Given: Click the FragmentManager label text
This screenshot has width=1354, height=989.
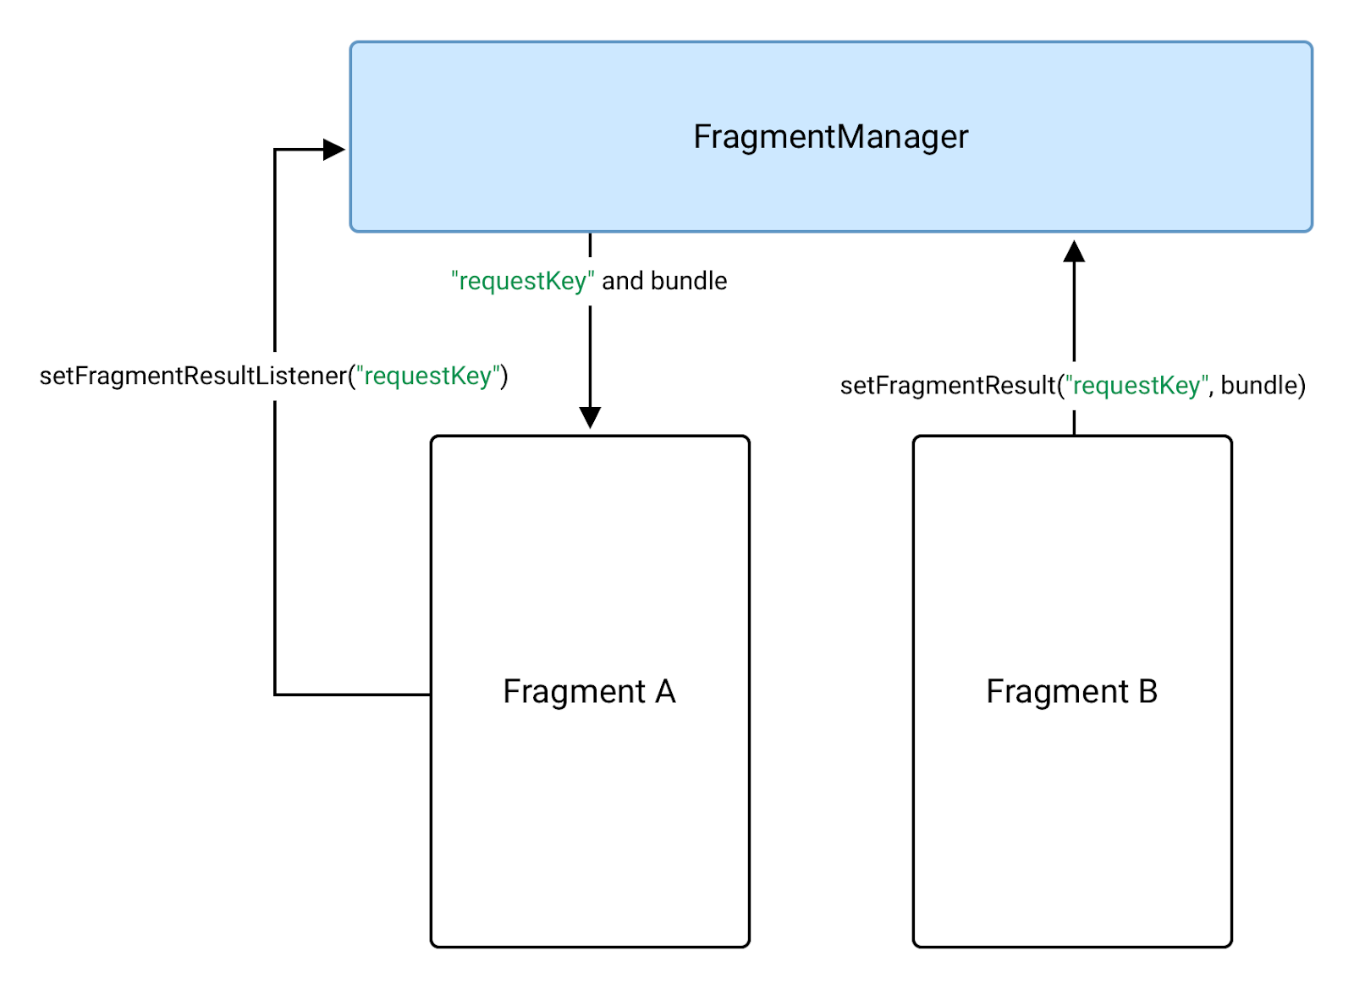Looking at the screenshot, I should click(x=830, y=137).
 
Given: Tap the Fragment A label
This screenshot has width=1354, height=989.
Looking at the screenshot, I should click(x=589, y=691).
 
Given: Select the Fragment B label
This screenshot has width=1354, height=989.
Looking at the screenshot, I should click(x=1071, y=691).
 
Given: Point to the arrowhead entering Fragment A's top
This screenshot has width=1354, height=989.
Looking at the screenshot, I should click(x=590, y=417).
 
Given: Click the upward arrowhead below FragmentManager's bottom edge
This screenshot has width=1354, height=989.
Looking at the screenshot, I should click(x=1074, y=251).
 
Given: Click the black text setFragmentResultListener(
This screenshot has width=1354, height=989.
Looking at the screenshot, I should click(x=195, y=376).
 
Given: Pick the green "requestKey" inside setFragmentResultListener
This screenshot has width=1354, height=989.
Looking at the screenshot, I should click(x=428, y=376).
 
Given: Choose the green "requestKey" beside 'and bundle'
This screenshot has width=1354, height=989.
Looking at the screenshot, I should click(x=522, y=281).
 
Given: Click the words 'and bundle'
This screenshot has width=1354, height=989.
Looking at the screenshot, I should click(x=664, y=281).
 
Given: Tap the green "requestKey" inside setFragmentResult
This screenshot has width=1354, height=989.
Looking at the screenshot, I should click(x=1137, y=386).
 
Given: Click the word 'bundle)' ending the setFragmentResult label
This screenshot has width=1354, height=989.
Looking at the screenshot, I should click(x=1263, y=386).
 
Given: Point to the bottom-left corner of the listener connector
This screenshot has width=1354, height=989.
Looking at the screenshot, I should click(x=275, y=695).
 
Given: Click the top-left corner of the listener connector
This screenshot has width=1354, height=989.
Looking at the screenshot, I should click(x=275, y=150).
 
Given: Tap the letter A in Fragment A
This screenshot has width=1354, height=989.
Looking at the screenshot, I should click(x=665, y=691).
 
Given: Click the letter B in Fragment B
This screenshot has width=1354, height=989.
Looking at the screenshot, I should click(x=1148, y=691).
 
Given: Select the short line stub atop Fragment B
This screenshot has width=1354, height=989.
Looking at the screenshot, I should click(x=1074, y=422).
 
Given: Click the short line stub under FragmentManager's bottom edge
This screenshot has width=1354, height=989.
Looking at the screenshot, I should click(x=590, y=245).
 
